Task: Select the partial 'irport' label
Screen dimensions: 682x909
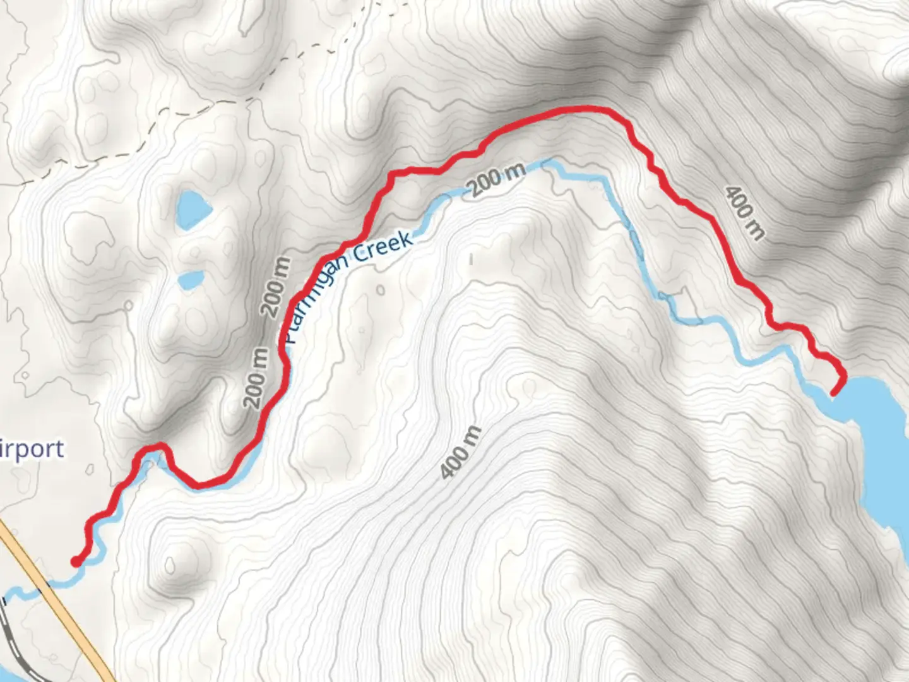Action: (32, 449)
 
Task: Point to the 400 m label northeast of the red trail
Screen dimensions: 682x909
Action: (744, 213)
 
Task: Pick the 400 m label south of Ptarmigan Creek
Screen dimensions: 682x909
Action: (461, 452)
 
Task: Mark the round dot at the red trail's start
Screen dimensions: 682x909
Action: (76, 561)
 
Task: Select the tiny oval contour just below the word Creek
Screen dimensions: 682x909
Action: (380, 290)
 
